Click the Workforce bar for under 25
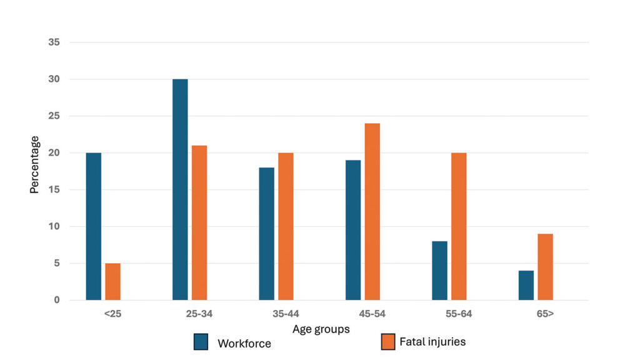coord(94,226)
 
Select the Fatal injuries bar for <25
coord(112,281)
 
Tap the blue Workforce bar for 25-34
coord(180,189)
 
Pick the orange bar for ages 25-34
coord(199,222)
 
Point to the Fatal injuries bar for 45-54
coord(372,212)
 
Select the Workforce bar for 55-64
coord(439,271)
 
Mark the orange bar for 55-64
coord(459,226)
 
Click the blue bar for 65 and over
coord(526,285)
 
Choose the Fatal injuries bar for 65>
coord(545,267)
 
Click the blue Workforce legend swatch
coord(201,342)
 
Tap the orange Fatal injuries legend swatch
coord(388,342)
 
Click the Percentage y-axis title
coord(35,164)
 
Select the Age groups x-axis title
coord(321,329)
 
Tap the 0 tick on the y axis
coord(56,300)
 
